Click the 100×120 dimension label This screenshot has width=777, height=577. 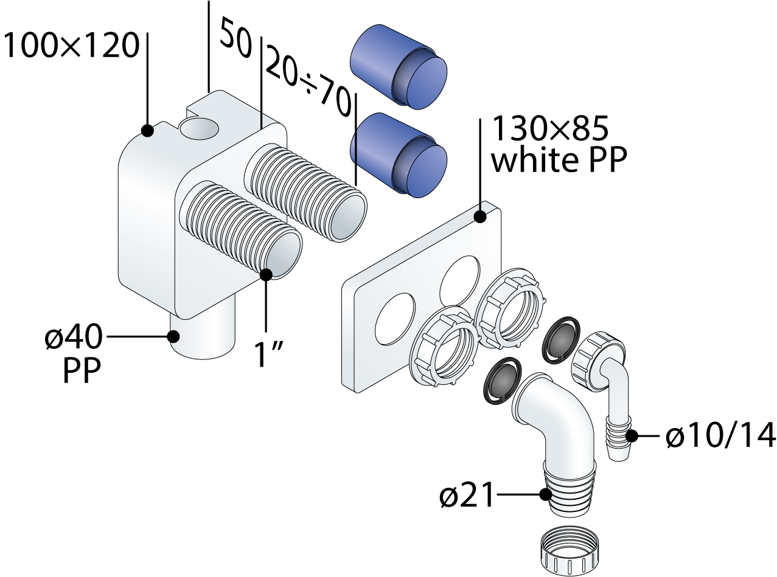tap(71, 46)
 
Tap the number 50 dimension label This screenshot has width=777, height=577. tap(235, 38)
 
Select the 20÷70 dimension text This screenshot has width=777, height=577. tap(308, 85)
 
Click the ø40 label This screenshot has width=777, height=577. tap(74, 336)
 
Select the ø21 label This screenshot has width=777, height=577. tap(467, 497)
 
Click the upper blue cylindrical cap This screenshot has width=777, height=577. tap(399, 67)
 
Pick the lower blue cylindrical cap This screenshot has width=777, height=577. tap(399, 155)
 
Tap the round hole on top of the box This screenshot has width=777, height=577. tap(200, 129)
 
